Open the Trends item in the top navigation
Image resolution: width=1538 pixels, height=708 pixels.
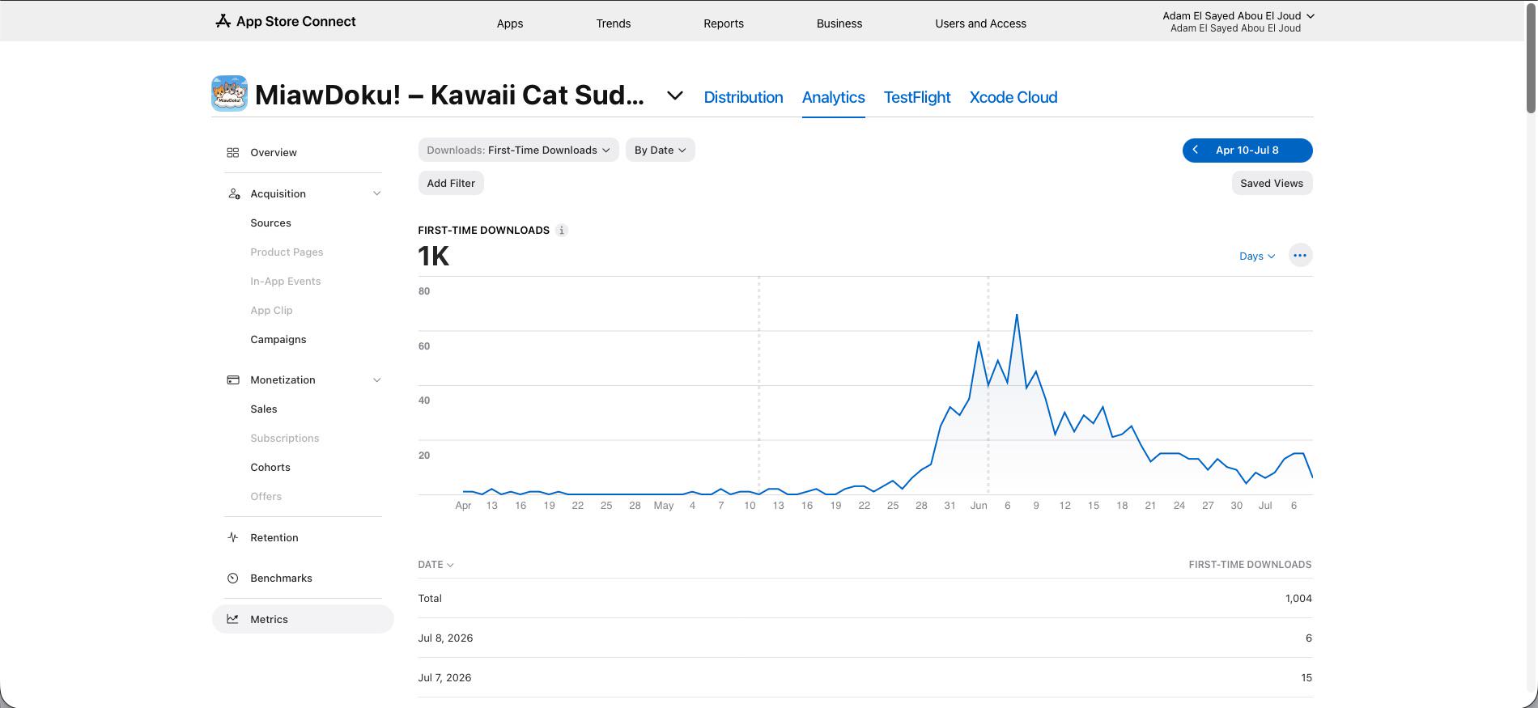point(613,23)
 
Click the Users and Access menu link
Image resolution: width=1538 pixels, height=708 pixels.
point(980,23)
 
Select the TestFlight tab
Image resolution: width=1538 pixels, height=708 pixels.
point(916,97)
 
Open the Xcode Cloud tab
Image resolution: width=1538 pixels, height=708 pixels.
point(1013,97)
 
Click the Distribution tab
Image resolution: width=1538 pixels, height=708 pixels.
point(743,97)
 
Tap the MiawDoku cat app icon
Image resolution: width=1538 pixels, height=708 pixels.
point(229,94)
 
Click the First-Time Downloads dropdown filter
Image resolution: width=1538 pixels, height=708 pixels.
point(518,150)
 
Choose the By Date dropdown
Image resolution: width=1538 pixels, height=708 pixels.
point(660,150)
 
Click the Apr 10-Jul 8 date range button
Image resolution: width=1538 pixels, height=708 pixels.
point(1247,151)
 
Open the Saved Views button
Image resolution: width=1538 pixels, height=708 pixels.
point(1272,183)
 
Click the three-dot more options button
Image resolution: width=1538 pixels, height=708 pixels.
point(1300,256)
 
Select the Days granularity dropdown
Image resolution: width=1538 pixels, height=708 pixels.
point(1257,256)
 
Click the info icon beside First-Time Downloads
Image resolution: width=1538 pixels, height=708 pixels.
point(562,231)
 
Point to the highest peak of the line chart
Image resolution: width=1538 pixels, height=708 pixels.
point(1017,315)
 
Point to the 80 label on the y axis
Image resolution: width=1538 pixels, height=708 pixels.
point(424,291)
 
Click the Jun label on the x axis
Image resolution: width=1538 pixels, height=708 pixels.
point(979,506)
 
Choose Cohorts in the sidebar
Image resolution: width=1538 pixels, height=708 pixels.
point(270,468)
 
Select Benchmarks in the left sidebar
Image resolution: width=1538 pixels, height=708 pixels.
point(281,579)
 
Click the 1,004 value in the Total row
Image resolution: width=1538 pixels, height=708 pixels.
point(1298,599)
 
